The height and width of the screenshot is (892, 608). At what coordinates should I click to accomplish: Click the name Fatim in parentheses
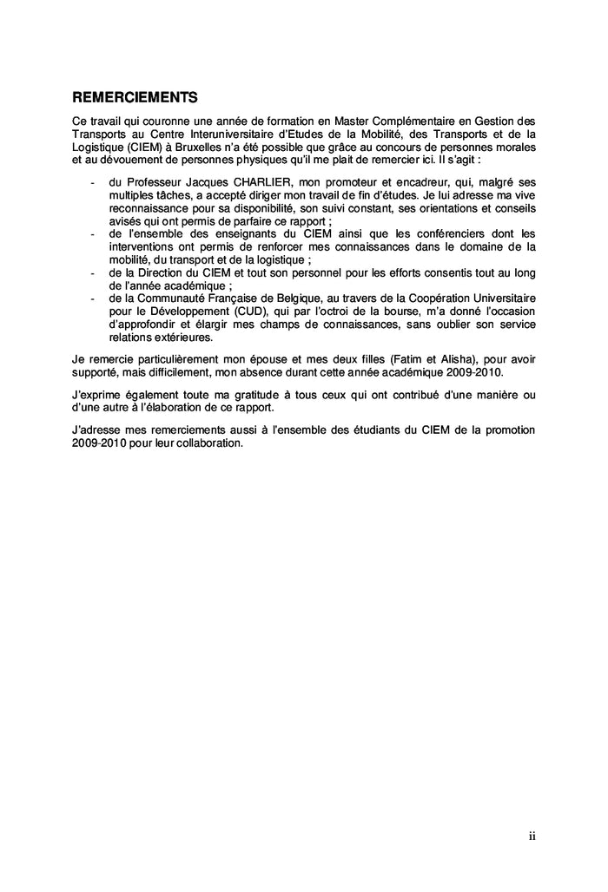[398, 359]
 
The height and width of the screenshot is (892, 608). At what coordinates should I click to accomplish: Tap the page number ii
[532, 836]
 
